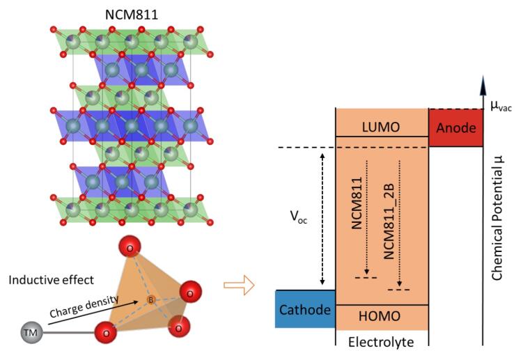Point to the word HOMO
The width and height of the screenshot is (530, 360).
coord(381,317)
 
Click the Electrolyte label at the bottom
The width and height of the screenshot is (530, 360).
coord(381,342)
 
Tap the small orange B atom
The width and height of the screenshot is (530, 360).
coord(149,300)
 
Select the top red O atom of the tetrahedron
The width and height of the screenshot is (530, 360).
coord(130,248)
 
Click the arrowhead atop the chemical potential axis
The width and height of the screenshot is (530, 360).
coord(482,86)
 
